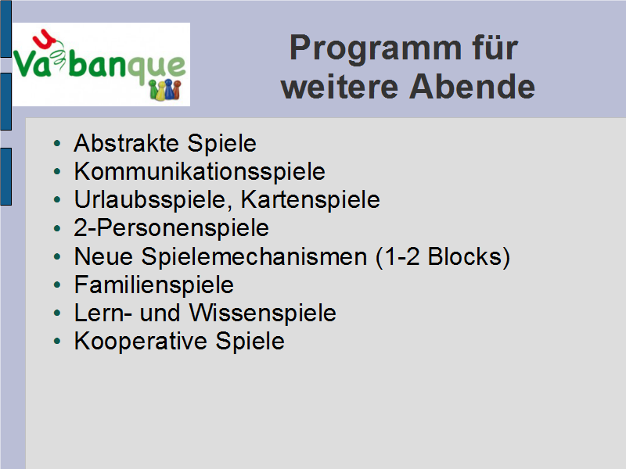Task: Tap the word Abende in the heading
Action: coord(472,87)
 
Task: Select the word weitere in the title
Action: coord(340,87)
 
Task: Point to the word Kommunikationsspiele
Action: coord(200,171)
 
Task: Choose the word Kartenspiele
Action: coord(310,199)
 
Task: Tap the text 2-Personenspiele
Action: coord(171,227)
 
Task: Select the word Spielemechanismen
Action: coord(254,256)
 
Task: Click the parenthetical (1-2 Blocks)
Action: coord(443,256)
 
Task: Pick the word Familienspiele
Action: coord(153,285)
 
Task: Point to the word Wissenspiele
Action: coord(262,313)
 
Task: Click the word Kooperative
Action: coord(140,341)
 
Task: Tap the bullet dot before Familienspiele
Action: coord(57,285)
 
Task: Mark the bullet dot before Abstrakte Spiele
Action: coord(57,143)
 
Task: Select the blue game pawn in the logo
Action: coord(169,90)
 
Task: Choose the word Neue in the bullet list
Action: coord(103,256)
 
